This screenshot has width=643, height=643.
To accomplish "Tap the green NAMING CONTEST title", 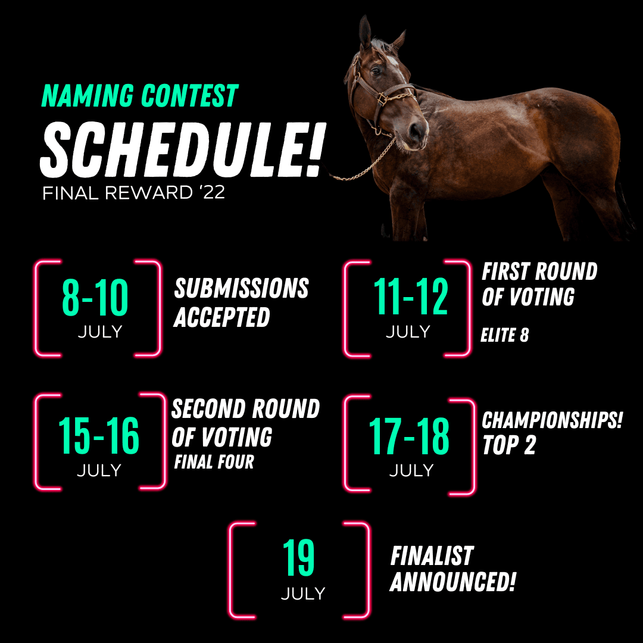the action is click(x=139, y=95).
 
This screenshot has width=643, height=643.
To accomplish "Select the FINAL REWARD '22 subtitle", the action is click(x=134, y=193).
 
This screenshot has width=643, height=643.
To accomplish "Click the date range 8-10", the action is click(x=95, y=297).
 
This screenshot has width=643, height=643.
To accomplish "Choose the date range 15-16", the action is click(x=98, y=435).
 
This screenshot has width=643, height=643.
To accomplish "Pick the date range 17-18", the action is click(x=409, y=436).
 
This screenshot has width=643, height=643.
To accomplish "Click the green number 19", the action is click(x=298, y=558).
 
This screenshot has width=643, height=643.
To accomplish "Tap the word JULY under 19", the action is click(x=303, y=594).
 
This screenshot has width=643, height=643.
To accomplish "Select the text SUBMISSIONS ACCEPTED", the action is click(x=241, y=302).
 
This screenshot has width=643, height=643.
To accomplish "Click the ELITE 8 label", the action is click(x=504, y=335).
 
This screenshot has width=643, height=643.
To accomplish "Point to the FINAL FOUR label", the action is click(x=214, y=462).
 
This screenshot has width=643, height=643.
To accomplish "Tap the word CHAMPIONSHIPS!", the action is click(x=552, y=420).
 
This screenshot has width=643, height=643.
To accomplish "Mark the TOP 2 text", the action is click(x=509, y=445).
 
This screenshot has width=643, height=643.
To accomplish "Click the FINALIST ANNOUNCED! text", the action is click(x=452, y=569).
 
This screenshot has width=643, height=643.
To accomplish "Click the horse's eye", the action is click(x=375, y=71).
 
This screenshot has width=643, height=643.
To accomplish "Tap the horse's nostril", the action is click(x=416, y=131).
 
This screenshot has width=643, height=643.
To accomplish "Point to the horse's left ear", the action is click(x=364, y=32).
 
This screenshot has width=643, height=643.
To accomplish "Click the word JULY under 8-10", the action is click(x=100, y=332).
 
